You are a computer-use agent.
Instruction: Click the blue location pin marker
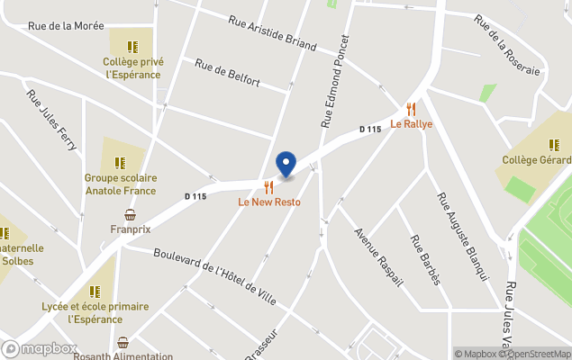pos(286,164)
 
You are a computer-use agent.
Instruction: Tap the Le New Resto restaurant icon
pos(268,187)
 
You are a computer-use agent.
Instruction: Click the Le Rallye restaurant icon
pos(411,110)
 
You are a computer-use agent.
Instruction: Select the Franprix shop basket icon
pos(131,215)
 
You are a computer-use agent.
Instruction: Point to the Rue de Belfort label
pos(227,74)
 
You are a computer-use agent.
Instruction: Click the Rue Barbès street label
pos(425,261)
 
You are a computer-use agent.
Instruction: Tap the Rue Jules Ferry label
pos(51,121)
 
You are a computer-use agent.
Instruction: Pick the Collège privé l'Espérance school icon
pos(132,47)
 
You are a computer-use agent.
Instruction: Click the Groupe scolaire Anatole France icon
pos(120,163)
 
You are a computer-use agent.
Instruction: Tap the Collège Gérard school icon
pos(553,145)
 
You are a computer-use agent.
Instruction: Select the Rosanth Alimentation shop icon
pos(123,342)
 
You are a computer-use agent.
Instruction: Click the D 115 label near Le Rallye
pos(370,130)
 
